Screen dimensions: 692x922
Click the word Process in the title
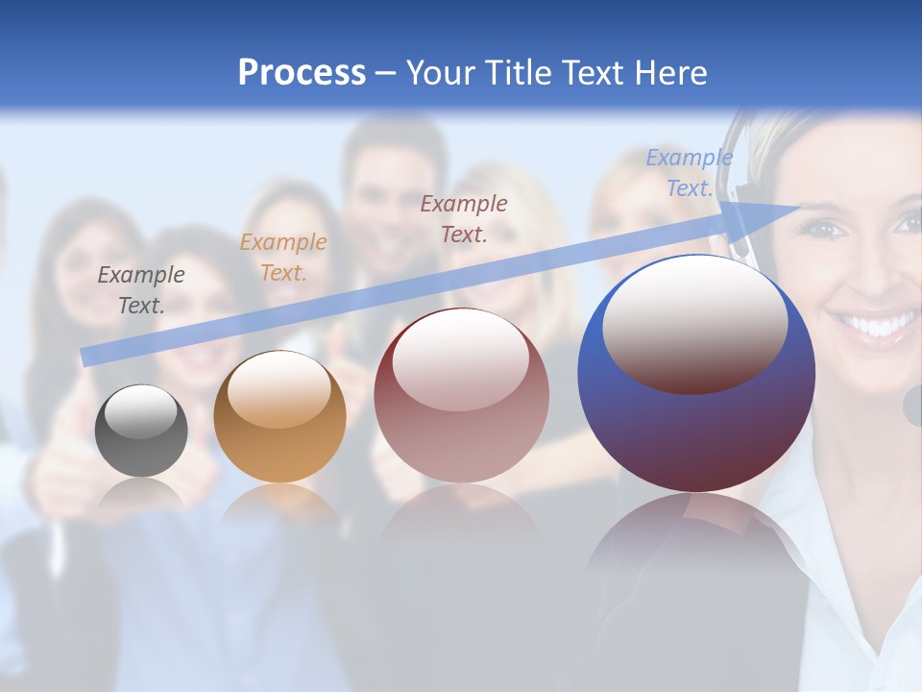[302, 73]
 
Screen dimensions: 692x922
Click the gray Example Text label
[141, 290]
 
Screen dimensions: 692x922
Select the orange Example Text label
[283, 258]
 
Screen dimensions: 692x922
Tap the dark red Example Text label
[464, 218]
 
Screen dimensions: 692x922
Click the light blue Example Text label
[690, 173]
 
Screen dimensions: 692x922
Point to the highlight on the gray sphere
[141, 411]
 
